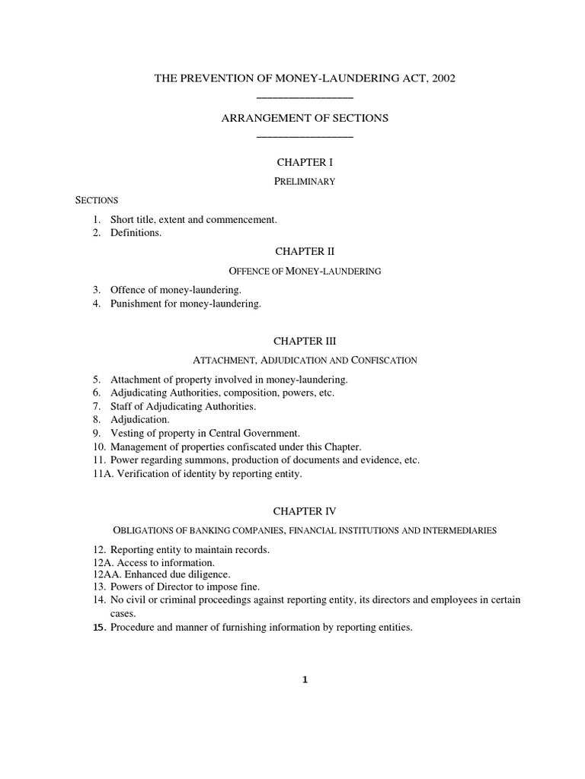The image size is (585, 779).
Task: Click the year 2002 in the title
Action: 443,78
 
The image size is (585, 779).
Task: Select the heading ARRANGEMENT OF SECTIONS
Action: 305,118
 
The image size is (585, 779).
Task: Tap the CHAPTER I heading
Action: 305,162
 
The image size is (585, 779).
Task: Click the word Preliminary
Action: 305,181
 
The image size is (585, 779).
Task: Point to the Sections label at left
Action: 97,200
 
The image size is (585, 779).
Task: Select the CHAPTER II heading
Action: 305,251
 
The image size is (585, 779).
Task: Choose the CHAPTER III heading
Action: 305,342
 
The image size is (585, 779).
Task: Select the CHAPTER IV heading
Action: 305,511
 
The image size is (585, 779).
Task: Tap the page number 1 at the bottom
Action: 305,680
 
